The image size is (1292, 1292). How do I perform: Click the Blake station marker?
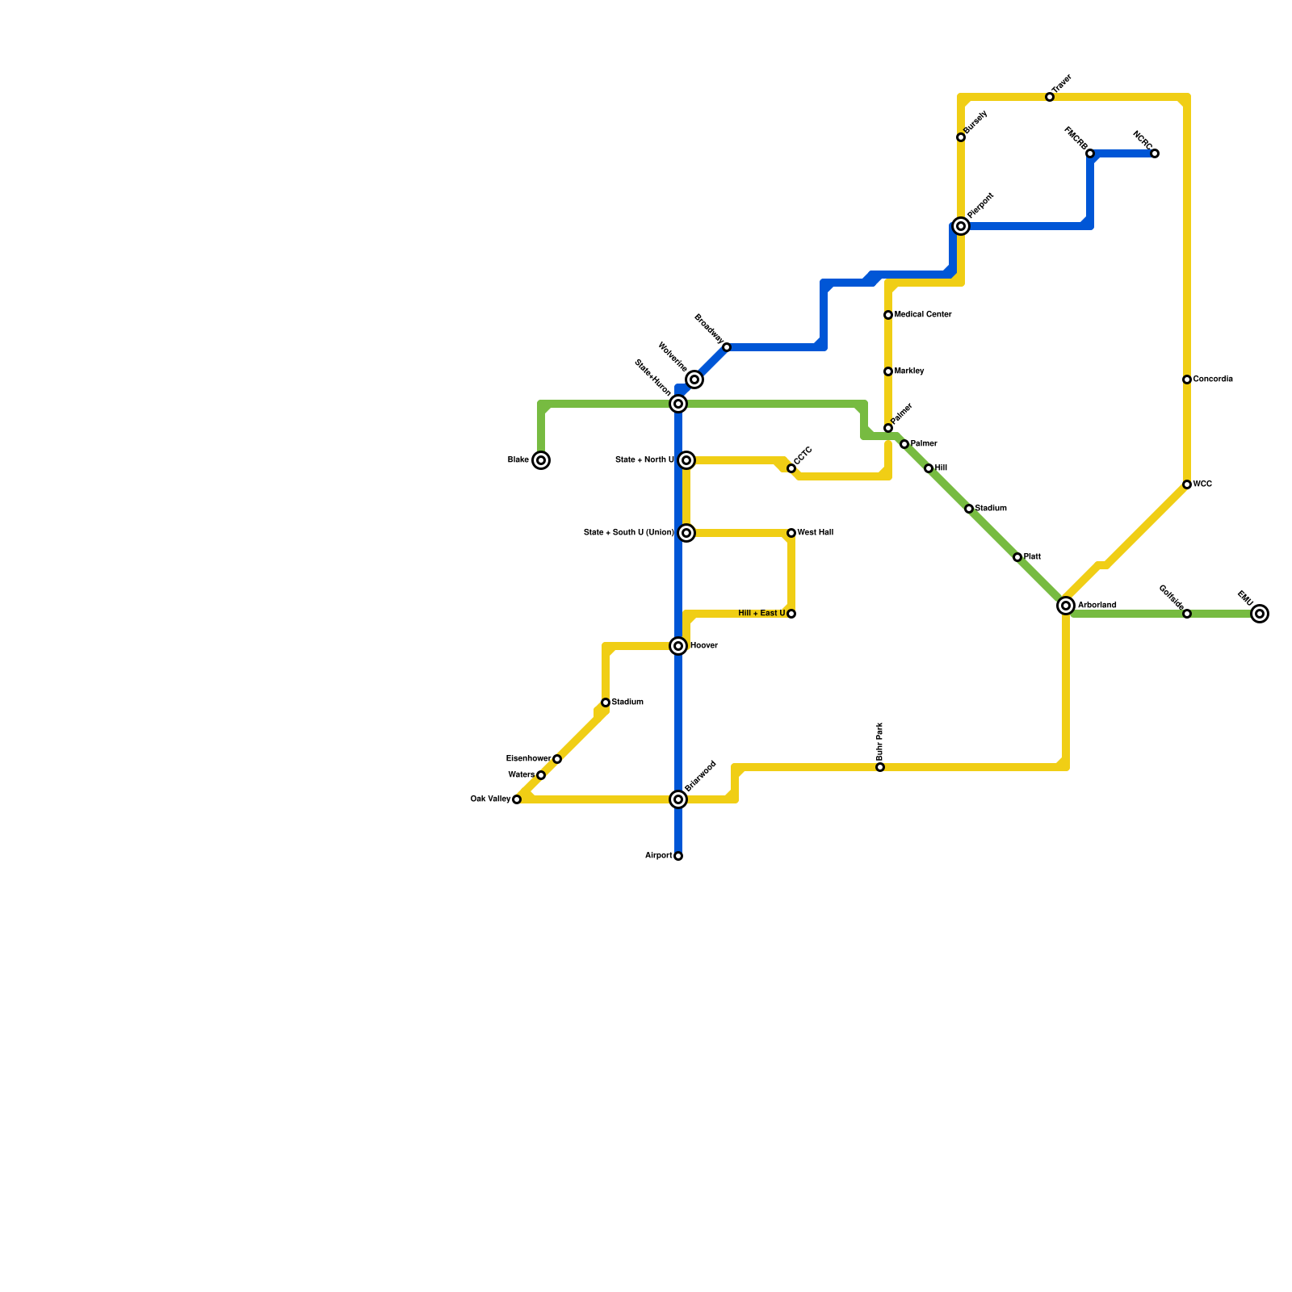pos(541,460)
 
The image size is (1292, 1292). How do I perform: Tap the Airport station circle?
pos(678,856)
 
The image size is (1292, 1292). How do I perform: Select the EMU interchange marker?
pos(1260,614)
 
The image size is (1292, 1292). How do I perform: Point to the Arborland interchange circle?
pos(1066,606)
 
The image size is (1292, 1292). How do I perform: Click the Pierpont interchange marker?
pos(961,226)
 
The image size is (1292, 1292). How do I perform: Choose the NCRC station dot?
pos(1155,153)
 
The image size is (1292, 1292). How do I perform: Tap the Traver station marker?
pos(1050,97)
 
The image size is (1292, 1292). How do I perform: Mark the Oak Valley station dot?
pos(517,799)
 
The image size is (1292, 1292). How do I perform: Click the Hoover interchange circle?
pos(678,646)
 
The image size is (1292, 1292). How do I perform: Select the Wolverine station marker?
pos(694,380)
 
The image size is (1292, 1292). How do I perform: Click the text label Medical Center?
pos(923,315)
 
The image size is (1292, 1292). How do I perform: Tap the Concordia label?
pos(1213,380)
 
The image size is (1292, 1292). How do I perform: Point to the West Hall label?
pos(816,533)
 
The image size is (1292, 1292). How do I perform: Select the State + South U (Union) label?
pos(628,533)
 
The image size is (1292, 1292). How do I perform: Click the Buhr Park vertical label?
pos(880,740)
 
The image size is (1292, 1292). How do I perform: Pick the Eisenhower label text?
pos(528,759)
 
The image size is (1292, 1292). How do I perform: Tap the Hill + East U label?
pos(761,614)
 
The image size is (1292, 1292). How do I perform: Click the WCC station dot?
pos(1187,484)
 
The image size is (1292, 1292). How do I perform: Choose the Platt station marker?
pos(1017,557)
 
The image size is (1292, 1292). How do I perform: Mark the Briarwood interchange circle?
pos(678,799)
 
